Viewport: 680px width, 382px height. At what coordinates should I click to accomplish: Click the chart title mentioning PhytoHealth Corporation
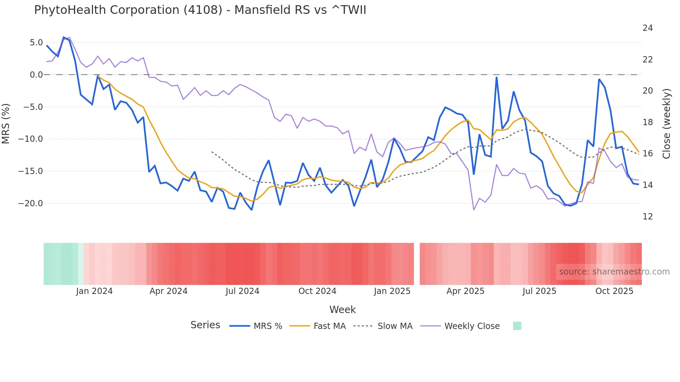pos(200,10)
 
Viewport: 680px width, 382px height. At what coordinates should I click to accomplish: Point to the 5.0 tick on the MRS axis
pos(36,43)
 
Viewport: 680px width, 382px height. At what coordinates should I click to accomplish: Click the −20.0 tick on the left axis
pos(31,203)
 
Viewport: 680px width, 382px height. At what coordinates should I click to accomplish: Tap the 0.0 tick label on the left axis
pos(36,75)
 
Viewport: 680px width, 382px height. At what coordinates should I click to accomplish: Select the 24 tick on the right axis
pos(647,28)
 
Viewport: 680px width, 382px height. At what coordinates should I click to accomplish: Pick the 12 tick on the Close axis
pos(647,217)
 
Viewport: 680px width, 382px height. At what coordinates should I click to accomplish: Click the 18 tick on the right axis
pos(647,122)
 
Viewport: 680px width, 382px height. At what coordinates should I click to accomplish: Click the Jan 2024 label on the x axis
pos(94,291)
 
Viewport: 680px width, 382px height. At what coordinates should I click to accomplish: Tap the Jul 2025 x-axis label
pos(539,291)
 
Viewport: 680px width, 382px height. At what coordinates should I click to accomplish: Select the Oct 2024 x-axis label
pos(317,291)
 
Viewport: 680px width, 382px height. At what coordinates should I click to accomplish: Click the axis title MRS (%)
pos(6,123)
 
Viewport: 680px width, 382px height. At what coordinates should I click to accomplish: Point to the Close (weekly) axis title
pos(666,124)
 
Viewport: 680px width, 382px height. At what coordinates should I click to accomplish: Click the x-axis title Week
pos(342,310)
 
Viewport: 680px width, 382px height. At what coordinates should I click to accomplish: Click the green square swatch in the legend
pos(517,326)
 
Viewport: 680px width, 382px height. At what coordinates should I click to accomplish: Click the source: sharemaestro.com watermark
pos(614,272)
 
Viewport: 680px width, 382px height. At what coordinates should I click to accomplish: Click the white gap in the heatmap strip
pos(417,264)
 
